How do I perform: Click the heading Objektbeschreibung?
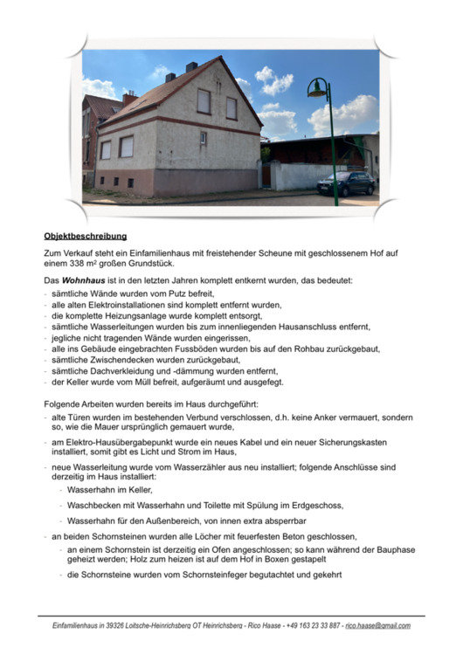[x=86, y=236]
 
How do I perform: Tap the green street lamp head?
[x=317, y=88]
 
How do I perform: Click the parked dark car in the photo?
[x=346, y=183]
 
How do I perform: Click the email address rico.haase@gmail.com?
[x=377, y=626]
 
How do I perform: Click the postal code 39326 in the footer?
[x=125, y=626]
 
